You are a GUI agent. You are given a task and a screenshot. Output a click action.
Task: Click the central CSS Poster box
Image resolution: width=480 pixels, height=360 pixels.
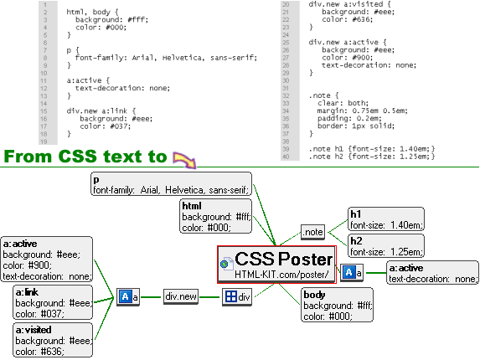point(276,265)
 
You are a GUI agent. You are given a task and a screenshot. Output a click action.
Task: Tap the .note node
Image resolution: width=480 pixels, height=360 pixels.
point(312,232)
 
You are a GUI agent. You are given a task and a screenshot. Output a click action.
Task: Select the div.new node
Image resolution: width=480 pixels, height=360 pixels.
point(181,296)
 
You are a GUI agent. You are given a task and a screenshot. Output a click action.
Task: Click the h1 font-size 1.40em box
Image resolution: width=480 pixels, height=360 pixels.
point(386,219)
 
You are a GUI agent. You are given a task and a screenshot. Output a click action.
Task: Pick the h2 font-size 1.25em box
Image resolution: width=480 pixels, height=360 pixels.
point(386,246)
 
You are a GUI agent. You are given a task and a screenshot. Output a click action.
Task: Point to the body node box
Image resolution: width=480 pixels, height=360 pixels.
point(337,305)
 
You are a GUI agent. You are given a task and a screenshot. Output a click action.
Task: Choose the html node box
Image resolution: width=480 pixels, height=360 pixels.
point(216,216)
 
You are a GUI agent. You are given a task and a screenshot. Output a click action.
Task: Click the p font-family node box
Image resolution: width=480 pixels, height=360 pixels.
point(171,184)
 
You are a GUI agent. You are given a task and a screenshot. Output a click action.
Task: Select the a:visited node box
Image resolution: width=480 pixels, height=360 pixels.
point(53,340)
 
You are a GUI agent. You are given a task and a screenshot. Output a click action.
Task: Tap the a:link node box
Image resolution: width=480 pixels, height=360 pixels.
point(53,302)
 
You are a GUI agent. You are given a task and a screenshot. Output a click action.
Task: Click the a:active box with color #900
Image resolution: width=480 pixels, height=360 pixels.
point(47,259)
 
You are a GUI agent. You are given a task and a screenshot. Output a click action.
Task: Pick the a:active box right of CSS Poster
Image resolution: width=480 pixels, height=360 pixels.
point(432,273)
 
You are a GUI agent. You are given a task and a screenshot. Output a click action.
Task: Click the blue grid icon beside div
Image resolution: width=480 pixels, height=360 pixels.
point(231,296)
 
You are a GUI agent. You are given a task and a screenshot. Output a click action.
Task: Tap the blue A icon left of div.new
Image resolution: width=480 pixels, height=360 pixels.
point(125,296)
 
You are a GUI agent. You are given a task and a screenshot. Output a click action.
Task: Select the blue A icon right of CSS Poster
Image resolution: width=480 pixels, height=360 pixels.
point(348,272)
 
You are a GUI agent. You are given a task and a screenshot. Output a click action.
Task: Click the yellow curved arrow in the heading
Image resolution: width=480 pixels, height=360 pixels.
point(184,159)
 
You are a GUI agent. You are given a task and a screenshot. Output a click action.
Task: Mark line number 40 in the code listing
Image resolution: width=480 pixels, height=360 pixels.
point(286,157)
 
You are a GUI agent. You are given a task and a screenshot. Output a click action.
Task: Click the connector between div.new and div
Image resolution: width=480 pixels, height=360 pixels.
point(210,297)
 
